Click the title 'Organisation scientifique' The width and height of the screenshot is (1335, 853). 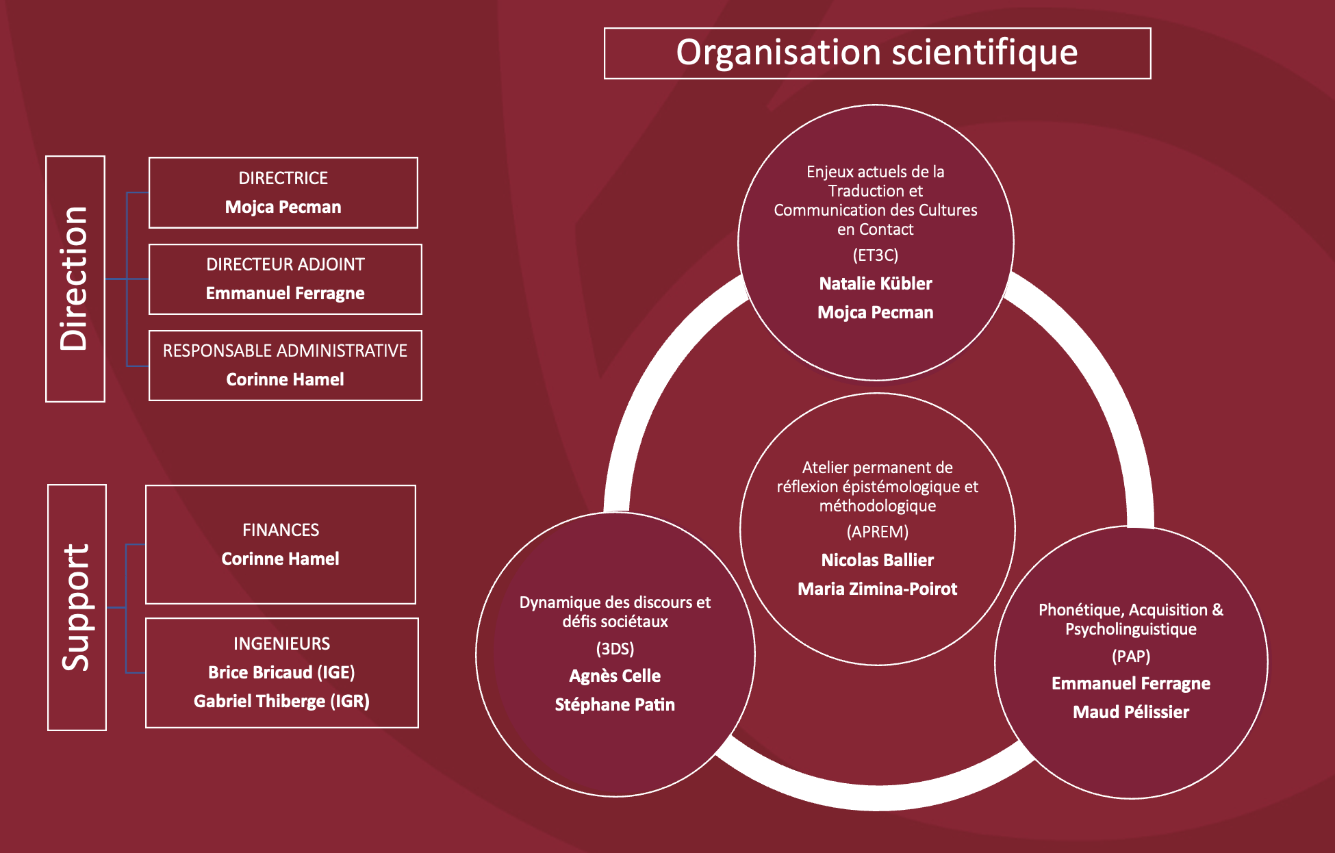[x=876, y=53]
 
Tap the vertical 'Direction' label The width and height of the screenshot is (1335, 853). [x=75, y=279]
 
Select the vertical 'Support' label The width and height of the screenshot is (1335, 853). [x=76, y=607]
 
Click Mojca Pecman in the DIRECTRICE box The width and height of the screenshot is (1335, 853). [x=283, y=207]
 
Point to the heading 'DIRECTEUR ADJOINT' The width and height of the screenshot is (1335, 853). [x=285, y=264]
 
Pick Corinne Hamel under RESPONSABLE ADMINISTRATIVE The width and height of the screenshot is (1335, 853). [x=285, y=379]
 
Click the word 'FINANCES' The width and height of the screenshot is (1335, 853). [x=281, y=530]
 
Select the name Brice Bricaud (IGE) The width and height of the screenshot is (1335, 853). [x=281, y=672]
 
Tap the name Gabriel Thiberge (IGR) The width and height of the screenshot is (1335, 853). [x=281, y=701]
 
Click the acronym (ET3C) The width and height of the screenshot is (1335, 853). [x=875, y=255]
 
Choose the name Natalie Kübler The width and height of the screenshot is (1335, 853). [x=876, y=283]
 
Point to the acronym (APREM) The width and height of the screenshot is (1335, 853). [x=877, y=532]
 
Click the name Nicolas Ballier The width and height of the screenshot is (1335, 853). [x=877, y=560]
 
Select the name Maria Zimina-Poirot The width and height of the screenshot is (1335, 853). [x=877, y=589]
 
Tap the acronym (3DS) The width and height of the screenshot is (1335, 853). [x=615, y=648]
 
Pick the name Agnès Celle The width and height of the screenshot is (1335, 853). [x=615, y=676]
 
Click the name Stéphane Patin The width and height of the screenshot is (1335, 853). [x=615, y=704]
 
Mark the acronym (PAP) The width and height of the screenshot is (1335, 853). [x=1130, y=657]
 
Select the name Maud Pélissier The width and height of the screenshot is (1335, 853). [x=1130, y=712]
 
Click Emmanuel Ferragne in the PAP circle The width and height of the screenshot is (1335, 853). [x=1130, y=683]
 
